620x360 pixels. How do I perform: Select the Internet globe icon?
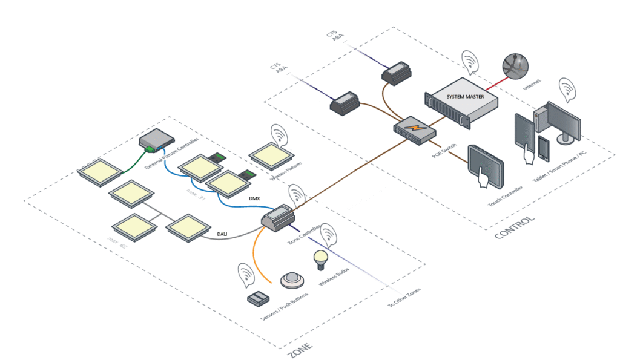(515, 64)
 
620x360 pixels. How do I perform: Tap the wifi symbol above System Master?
(470, 61)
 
